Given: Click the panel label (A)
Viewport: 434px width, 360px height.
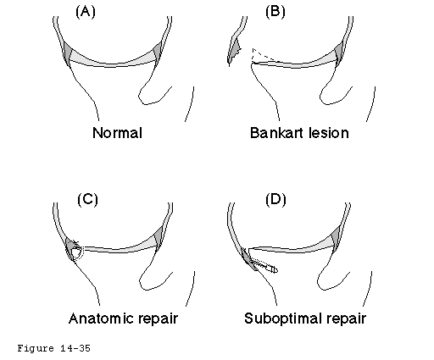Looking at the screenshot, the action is [x=86, y=12].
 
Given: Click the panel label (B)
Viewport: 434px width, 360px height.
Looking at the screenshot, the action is [x=275, y=12].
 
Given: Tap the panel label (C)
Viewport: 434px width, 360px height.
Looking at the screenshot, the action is [x=87, y=200].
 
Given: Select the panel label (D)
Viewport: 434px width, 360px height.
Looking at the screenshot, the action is [x=275, y=200].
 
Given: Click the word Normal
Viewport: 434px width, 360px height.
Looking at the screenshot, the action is [x=117, y=133].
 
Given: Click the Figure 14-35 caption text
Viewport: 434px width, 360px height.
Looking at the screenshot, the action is [x=53, y=348].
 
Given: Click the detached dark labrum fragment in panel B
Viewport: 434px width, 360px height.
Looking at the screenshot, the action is [x=234, y=51].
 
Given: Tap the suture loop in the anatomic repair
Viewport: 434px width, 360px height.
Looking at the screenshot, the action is [x=76, y=251].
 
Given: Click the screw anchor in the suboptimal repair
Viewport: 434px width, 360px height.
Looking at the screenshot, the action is [x=264, y=265].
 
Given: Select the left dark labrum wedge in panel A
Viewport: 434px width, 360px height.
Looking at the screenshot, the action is [x=67, y=53].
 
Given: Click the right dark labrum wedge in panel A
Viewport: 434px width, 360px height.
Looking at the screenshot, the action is [x=158, y=52].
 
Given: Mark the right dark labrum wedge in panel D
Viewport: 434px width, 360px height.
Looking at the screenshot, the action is [x=336, y=238].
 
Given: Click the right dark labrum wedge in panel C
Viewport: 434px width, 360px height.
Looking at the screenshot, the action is [x=159, y=238].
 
